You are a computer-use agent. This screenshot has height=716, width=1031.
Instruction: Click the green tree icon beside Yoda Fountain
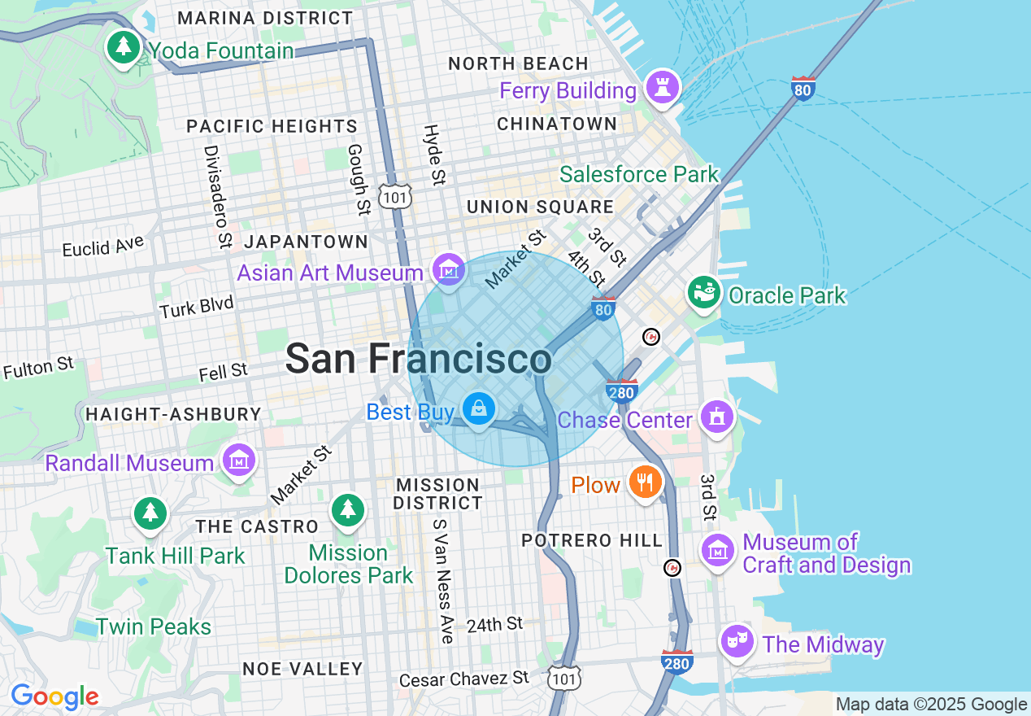pos(123,47)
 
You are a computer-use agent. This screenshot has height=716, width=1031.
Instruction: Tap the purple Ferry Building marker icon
pos(663,86)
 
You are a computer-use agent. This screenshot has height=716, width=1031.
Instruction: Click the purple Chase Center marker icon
pos(716,417)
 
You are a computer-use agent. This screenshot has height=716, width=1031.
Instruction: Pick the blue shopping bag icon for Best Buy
pos(479,409)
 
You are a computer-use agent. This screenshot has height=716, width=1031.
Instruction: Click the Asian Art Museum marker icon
pos(448,269)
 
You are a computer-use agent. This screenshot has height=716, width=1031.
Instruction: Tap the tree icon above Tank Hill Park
pos(150,513)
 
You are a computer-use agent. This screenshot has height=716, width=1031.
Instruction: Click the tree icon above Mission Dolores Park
pos(348,510)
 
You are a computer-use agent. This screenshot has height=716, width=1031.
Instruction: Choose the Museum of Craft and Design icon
pos(718,552)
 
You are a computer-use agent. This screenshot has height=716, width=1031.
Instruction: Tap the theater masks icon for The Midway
pos(737,642)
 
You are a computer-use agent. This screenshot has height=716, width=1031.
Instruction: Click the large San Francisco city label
pos(419,359)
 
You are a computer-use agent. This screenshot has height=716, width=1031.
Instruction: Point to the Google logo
pos(54,696)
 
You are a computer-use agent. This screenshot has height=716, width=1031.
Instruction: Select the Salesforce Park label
pos(639,174)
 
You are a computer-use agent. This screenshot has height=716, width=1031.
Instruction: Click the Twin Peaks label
pos(154,627)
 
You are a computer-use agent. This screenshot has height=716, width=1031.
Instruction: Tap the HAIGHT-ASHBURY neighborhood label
pos(173,414)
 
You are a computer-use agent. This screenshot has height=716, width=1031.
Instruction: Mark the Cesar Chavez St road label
pos(463,678)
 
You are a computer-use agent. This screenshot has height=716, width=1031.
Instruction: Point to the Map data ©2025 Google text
pos(931,705)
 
